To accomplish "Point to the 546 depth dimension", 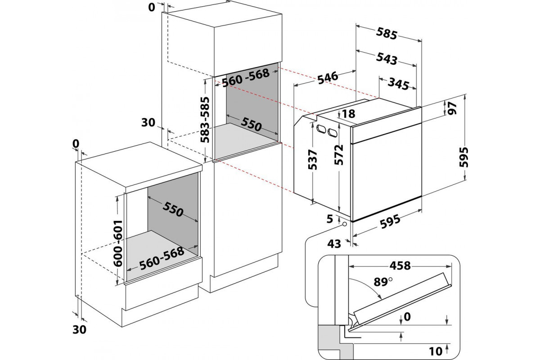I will pyautogui.click(x=327, y=78).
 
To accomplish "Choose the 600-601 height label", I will pyautogui.click(x=118, y=244).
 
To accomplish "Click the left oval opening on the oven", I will pyautogui.click(x=321, y=129).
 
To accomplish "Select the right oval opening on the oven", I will pyautogui.click(x=333, y=133).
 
